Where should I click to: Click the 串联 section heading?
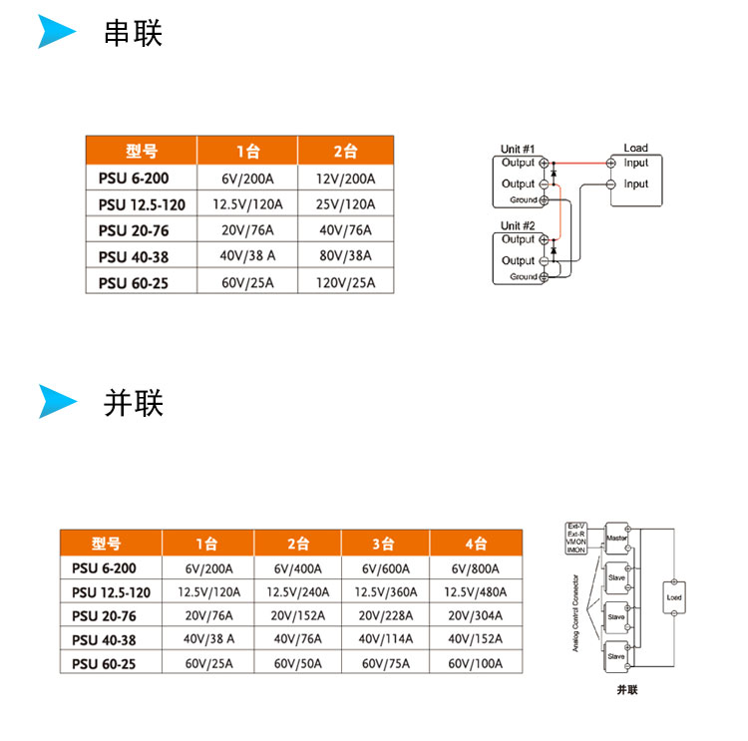point(133,33)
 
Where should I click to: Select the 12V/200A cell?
point(345,179)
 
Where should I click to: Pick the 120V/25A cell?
point(345,282)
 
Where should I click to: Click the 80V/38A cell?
point(345,256)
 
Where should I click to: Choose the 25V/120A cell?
point(345,204)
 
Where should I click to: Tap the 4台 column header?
point(475,544)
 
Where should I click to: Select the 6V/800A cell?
point(475,569)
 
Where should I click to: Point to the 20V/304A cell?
point(475,616)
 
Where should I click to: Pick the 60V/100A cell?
point(475,663)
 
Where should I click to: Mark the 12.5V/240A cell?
point(297,592)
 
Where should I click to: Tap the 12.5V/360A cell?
point(385,592)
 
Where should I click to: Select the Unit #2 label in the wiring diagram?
point(519,226)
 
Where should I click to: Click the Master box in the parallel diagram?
point(614,537)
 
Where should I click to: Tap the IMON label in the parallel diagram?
point(575,551)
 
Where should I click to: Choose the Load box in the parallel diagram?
point(674,598)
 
